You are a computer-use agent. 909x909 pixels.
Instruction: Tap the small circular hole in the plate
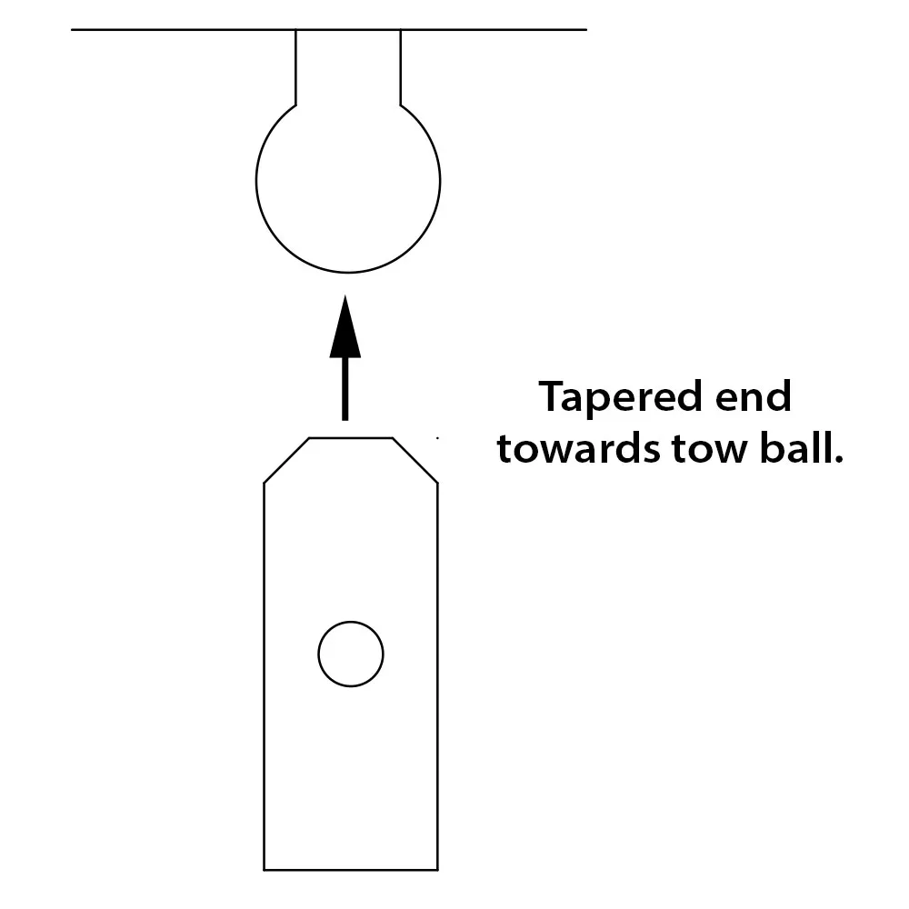pos(350,654)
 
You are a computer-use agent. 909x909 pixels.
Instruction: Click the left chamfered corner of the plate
pos(286,460)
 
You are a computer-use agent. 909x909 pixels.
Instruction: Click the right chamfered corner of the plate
pos(415,460)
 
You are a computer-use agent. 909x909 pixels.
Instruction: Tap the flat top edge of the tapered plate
pos(351,438)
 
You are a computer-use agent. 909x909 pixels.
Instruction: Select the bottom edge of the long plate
pos(351,870)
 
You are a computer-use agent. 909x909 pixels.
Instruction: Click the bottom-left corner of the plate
pos(265,870)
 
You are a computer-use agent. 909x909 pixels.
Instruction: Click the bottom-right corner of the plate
pos(438,870)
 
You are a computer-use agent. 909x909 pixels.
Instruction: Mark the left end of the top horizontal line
pos(73,30)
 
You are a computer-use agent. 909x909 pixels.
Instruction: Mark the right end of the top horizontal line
pos(585,30)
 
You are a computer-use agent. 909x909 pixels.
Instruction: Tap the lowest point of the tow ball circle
pos(348,272)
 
